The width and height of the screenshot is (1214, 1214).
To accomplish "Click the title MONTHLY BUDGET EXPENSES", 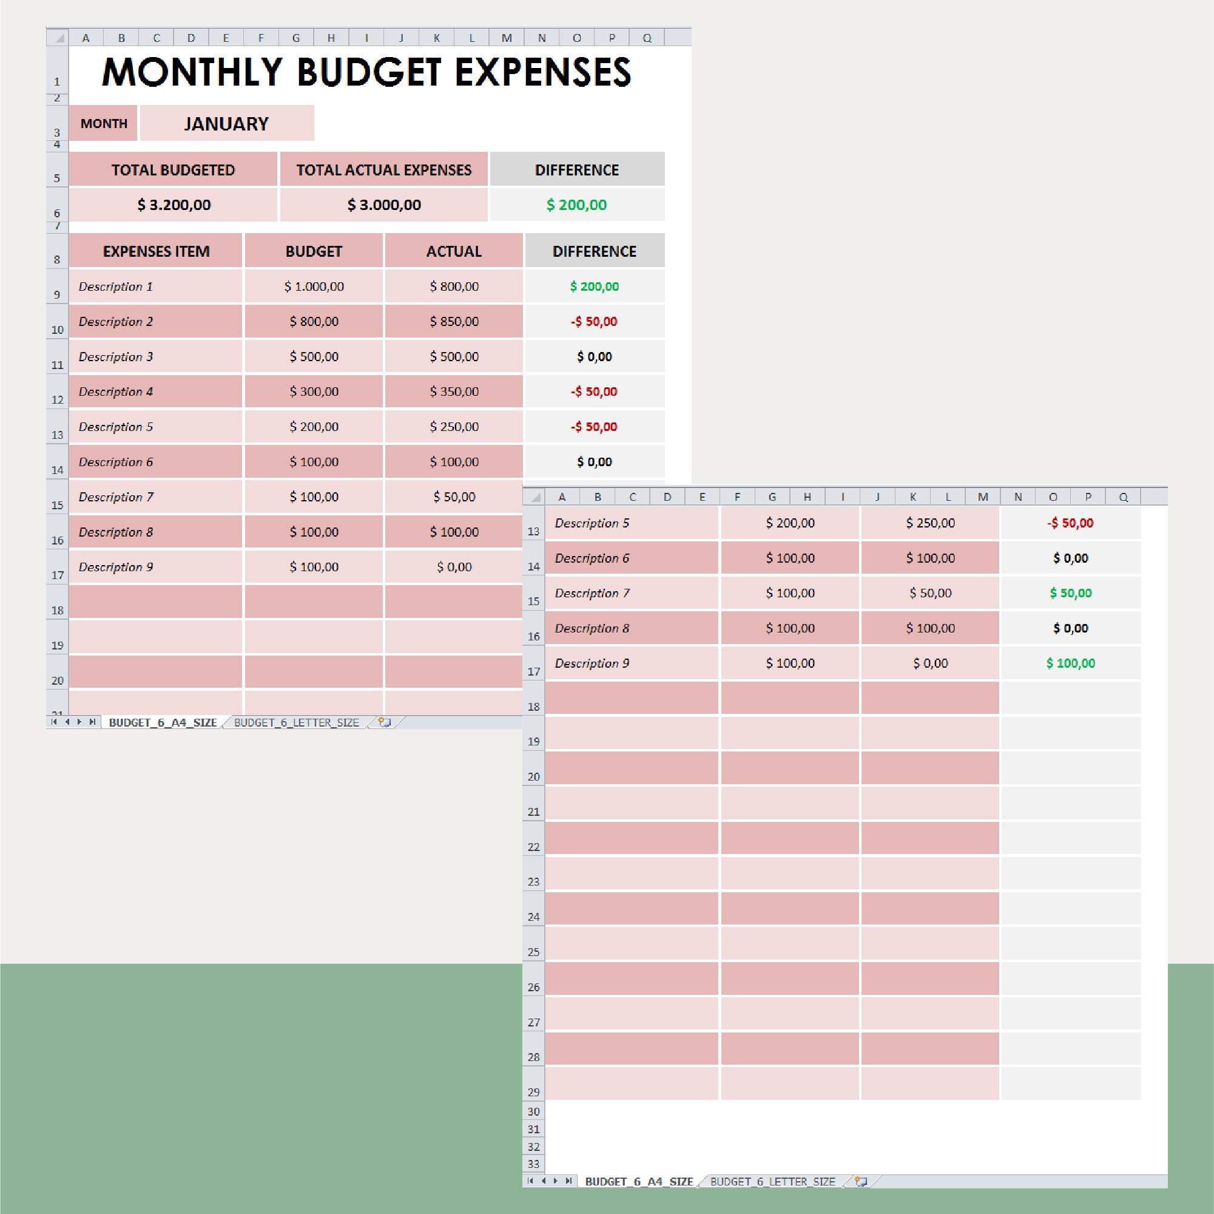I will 366,72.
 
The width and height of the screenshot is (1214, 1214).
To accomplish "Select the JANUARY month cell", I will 226,123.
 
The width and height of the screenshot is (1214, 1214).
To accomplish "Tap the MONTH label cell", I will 104,123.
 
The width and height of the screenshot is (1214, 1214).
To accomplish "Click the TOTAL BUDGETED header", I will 173,170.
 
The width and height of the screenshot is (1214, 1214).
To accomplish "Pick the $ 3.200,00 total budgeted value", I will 174,205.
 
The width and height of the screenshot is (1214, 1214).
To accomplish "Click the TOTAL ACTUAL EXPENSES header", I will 383,170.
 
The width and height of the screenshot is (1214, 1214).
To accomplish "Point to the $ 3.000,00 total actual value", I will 384,205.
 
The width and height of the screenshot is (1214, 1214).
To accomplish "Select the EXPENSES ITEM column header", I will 156,251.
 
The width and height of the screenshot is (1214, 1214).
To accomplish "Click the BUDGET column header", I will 314,251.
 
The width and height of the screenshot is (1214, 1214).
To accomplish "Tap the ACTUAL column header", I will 454,251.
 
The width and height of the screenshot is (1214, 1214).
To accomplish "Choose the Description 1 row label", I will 116,287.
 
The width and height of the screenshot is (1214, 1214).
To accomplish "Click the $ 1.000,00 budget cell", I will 314,287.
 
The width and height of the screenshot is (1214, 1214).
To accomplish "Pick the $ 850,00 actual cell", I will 454,322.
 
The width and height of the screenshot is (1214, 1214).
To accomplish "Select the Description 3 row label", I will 116,357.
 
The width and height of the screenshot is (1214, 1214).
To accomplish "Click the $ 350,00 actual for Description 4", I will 454,392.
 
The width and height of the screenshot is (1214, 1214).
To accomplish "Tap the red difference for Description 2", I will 594,322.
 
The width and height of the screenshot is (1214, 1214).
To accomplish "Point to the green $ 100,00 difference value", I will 1070,663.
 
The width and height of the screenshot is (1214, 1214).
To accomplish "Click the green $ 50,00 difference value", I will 1070,593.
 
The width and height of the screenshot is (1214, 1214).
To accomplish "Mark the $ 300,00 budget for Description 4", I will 314,392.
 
